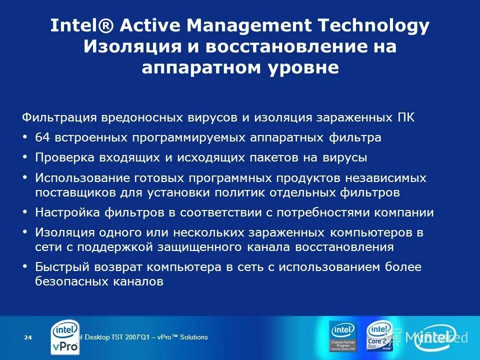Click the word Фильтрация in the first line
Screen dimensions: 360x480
pos(59,118)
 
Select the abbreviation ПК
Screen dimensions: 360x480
pos(405,118)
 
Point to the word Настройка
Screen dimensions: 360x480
pos(67,212)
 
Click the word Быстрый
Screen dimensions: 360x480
pos(58,267)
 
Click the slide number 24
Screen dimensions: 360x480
pos(28,338)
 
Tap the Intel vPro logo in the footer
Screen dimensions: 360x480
pos(65,337)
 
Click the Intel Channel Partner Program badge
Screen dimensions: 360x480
pos(342,335)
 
